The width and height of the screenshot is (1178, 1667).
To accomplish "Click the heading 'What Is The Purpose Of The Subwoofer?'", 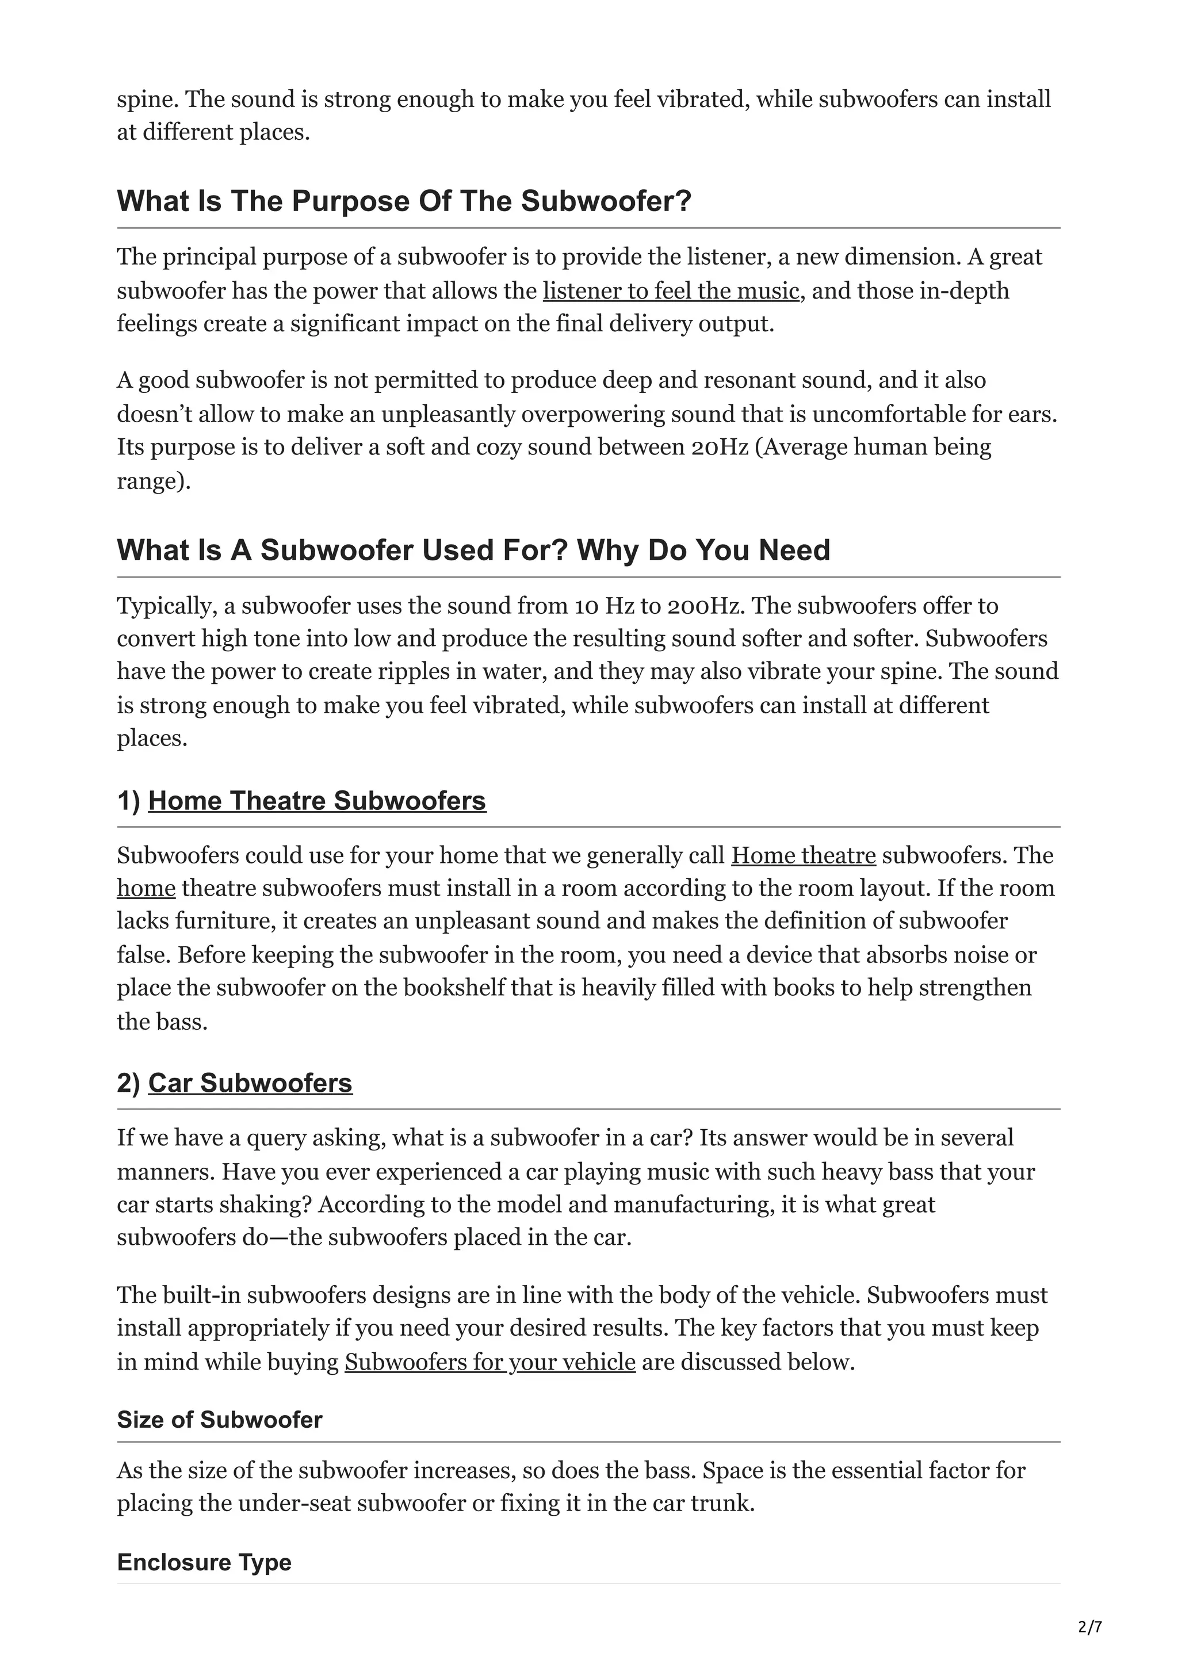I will pyautogui.click(x=404, y=201).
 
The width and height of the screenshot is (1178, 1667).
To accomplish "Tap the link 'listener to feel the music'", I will pyautogui.click(x=671, y=291).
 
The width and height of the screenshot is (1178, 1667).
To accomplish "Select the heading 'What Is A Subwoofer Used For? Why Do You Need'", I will pyautogui.click(x=473, y=550).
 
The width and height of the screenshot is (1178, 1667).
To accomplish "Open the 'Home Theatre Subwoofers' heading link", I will pyautogui.click(x=317, y=801).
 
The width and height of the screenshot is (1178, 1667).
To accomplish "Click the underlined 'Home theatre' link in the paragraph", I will pyautogui.click(x=804, y=855).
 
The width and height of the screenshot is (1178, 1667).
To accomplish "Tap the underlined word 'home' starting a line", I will pyautogui.click(x=146, y=889).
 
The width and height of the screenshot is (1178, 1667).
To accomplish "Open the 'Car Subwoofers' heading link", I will pyautogui.click(x=250, y=1083).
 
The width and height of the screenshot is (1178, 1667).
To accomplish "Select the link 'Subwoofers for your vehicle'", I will pyautogui.click(x=490, y=1362).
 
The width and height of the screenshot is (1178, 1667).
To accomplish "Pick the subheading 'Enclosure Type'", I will pyautogui.click(x=204, y=1562).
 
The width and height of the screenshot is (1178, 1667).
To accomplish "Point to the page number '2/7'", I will pyautogui.click(x=1090, y=1627).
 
